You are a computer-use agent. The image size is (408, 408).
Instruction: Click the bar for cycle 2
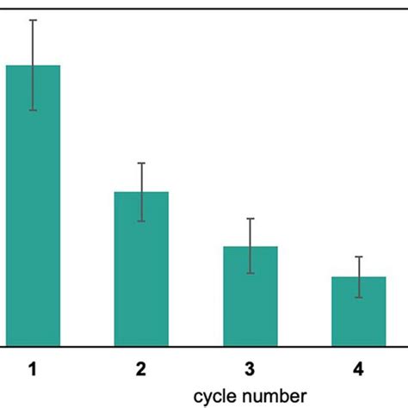click(x=141, y=268)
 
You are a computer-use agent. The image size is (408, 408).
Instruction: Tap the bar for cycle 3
click(x=250, y=295)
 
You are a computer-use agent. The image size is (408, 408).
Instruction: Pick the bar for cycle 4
click(x=358, y=311)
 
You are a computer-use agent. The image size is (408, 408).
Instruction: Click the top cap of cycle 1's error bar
click(x=33, y=20)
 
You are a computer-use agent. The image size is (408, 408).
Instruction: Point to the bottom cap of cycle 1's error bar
click(x=33, y=110)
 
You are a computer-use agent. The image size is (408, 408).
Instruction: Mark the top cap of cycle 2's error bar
click(x=141, y=163)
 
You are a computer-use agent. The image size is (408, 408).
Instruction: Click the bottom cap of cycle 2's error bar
click(x=141, y=221)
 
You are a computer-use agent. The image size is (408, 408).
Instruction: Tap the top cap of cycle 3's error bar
click(x=250, y=219)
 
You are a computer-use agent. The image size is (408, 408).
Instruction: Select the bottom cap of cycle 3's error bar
click(x=250, y=273)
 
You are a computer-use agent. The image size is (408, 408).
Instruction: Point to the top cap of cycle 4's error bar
click(x=358, y=257)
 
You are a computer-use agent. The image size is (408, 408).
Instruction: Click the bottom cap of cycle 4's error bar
click(x=358, y=297)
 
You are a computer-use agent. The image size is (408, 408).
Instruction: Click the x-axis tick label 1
click(x=33, y=370)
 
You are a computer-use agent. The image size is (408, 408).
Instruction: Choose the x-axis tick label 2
click(x=141, y=370)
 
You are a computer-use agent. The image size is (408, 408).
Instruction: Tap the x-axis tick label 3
click(x=250, y=370)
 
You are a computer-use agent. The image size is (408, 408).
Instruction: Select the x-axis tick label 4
click(x=358, y=370)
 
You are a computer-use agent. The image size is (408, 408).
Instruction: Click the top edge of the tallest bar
click(x=33, y=65)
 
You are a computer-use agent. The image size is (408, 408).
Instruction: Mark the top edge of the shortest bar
click(x=358, y=277)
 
